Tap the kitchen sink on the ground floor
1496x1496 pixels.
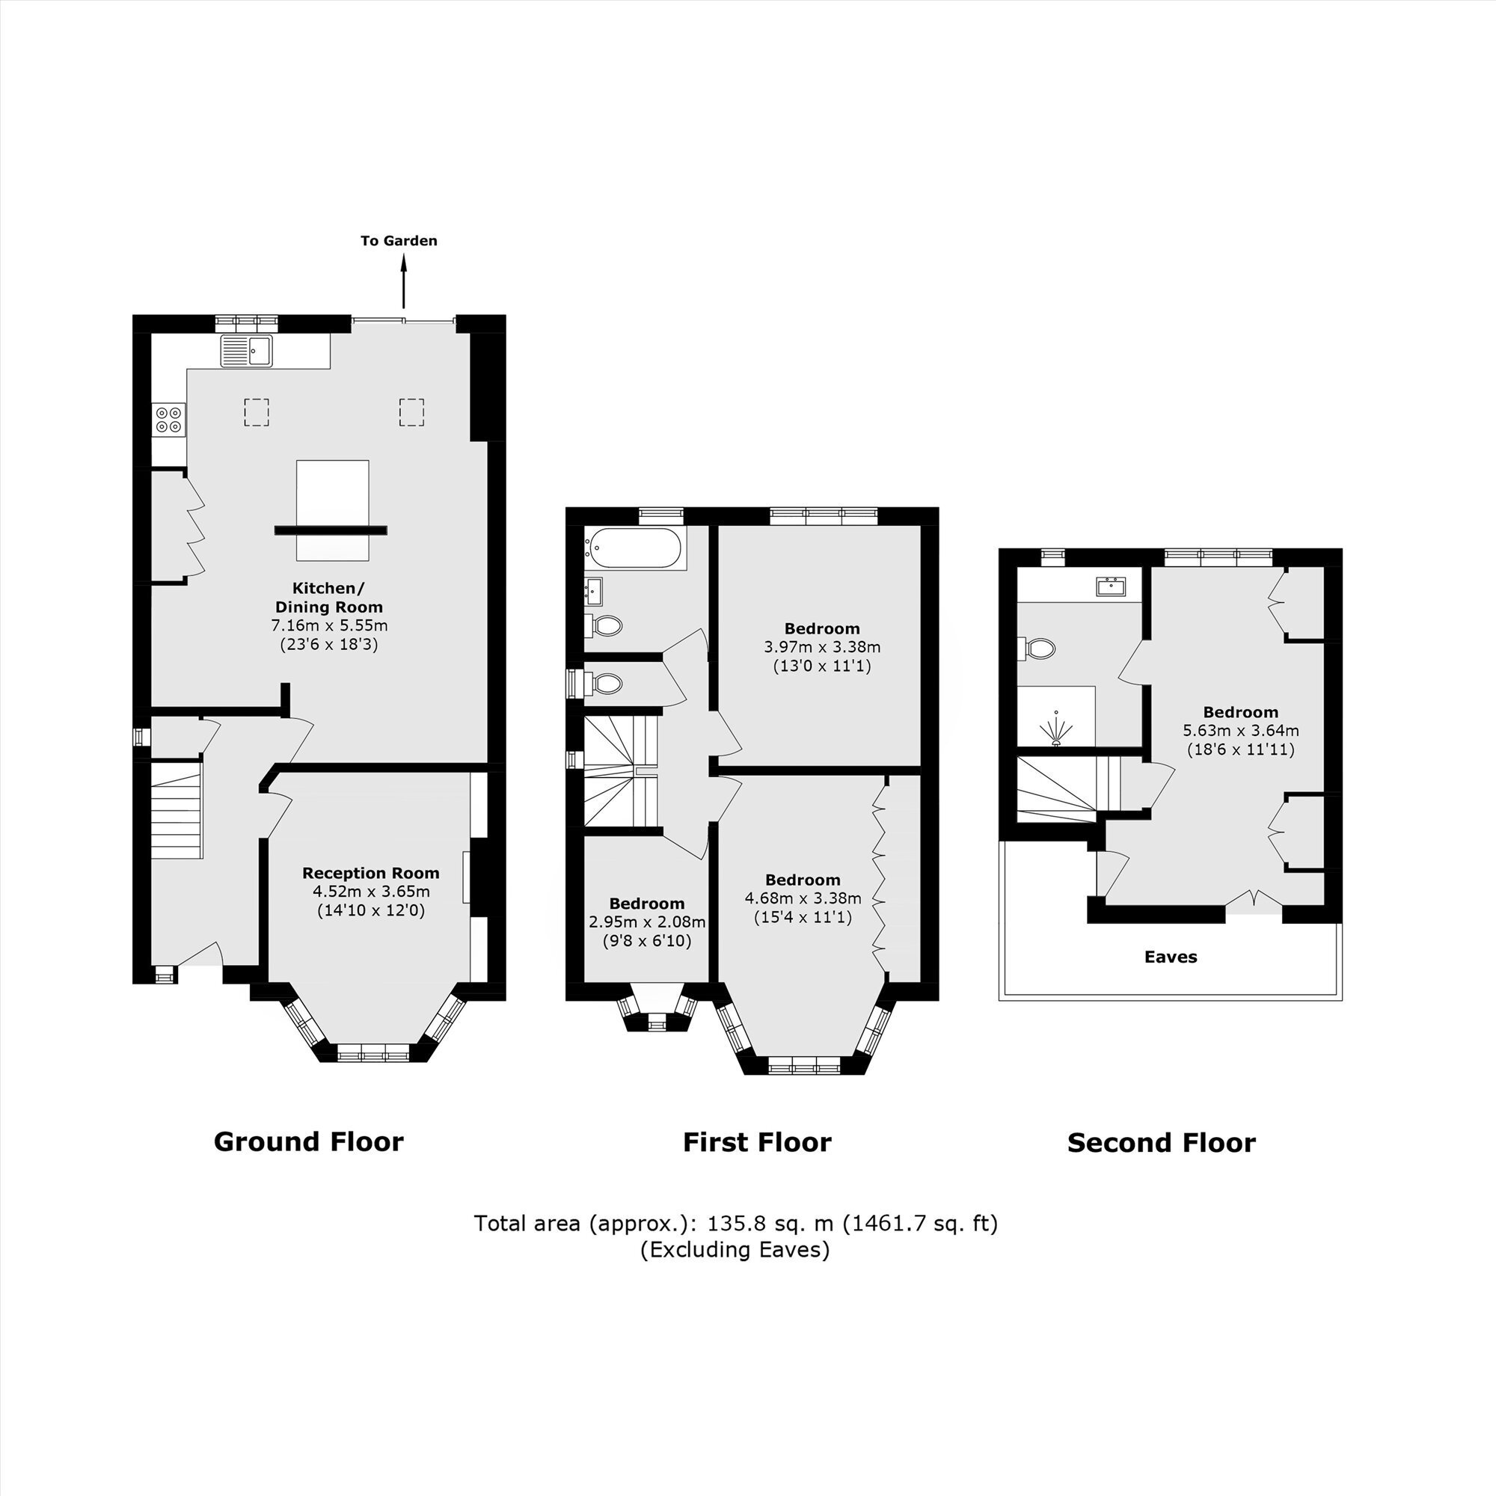247,351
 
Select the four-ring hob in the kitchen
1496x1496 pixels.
169,420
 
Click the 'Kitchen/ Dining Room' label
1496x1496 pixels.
329,597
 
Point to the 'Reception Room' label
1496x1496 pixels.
371,873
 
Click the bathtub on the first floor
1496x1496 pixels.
634,548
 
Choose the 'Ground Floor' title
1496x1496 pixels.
308,1141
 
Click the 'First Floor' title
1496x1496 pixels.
756,1142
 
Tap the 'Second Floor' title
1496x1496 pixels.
1162,1143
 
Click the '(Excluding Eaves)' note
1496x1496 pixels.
735,1250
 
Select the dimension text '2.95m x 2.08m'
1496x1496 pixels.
647,922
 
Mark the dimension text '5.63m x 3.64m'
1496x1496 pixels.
1241,730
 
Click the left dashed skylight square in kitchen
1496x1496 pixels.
257,412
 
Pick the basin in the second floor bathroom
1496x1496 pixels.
1112,586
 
